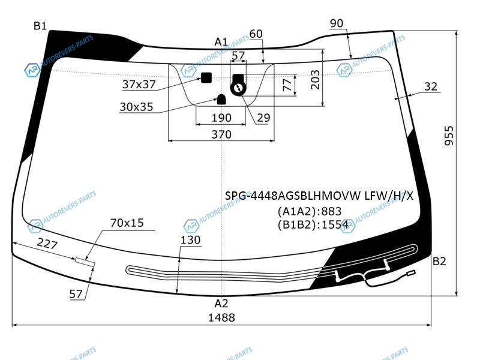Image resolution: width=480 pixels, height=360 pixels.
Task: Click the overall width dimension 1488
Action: pos(221,318)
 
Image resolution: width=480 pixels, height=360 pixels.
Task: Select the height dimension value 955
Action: pos(449,136)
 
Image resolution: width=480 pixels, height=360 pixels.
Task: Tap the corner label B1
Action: pos(40,26)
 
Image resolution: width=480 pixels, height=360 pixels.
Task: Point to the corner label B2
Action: pos(439,262)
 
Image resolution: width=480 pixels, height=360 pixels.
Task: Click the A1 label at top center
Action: pos(221,41)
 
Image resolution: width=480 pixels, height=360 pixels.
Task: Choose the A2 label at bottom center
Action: pos(221,304)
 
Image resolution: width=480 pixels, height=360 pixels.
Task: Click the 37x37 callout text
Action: pos(139,84)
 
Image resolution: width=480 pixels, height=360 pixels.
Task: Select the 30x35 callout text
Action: pos(136,107)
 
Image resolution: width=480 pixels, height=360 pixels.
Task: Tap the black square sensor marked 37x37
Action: pos(206,78)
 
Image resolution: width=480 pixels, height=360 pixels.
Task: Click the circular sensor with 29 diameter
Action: pos(238,88)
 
